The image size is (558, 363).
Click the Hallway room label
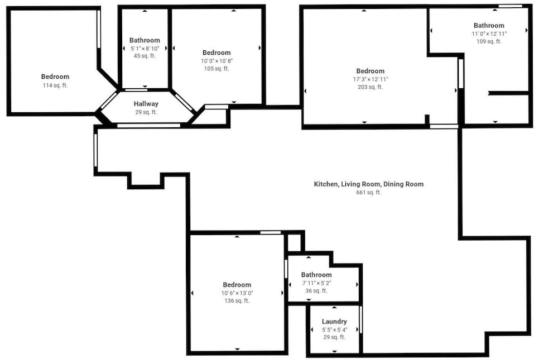pyautogui.click(x=146, y=104)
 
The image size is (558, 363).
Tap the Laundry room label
pyautogui.click(x=334, y=322)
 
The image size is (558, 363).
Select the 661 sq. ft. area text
pyautogui.click(x=369, y=192)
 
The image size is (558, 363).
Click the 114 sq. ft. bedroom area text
pyautogui.click(x=55, y=85)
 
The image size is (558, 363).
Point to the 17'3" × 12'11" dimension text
pyautogui.click(x=371, y=79)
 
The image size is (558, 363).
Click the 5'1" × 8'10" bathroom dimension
pyautogui.click(x=145, y=49)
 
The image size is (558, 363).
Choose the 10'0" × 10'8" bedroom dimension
pyautogui.click(x=217, y=61)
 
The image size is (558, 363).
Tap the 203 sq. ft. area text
pyautogui.click(x=371, y=87)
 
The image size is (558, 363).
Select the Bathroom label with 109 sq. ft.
pyautogui.click(x=489, y=25)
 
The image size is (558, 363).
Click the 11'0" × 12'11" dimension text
pyautogui.click(x=489, y=34)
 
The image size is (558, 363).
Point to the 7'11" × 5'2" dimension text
pyautogui.click(x=316, y=283)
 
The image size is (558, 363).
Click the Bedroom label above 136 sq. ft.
pyautogui.click(x=237, y=285)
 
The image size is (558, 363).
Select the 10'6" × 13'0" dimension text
pyautogui.click(x=237, y=293)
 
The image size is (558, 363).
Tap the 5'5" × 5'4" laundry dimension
pyautogui.click(x=334, y=330)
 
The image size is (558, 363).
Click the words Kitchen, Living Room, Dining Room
pyautogui.click(x=369, y=184)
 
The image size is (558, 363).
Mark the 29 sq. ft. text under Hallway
pyautogui.click(x=146, y=112)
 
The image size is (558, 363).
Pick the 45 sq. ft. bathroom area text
pyautogui.click(x=145, y=56)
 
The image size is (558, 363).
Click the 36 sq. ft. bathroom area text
pyautogui.click(x=316, y=291)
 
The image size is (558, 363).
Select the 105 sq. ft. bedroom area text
pyautogui.click(x=217, y=68)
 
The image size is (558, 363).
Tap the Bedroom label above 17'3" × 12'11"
pyautogui.click(x=371, y=71)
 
